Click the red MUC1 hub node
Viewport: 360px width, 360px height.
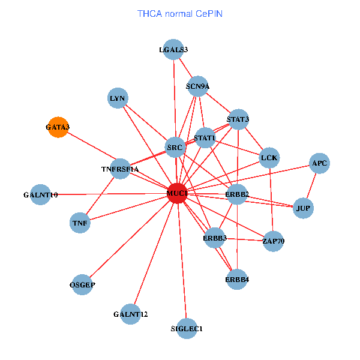[177, 193]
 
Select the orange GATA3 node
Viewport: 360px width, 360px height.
[58, 127]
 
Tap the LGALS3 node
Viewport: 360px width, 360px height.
[173, 50]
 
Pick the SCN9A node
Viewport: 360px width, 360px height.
[197, 86]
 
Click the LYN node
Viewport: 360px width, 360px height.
[118, 98]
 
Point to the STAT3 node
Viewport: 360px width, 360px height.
[238, 119]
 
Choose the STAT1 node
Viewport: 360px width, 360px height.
[205, 138]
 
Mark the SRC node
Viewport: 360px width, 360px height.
[175, 147]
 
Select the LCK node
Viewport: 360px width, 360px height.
[269, 158]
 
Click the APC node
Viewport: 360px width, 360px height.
[319, 163]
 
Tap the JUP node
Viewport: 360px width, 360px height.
[303, 208]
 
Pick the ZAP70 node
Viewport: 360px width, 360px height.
[273, 241]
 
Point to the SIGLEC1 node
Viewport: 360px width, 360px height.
[187, 328]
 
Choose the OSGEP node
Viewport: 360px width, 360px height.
[83, 284]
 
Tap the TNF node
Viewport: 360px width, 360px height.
[80, 223]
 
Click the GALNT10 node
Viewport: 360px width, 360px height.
[40, 194]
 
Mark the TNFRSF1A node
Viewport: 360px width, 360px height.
[121, 169]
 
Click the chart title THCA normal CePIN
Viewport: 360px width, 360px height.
[180, 13]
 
